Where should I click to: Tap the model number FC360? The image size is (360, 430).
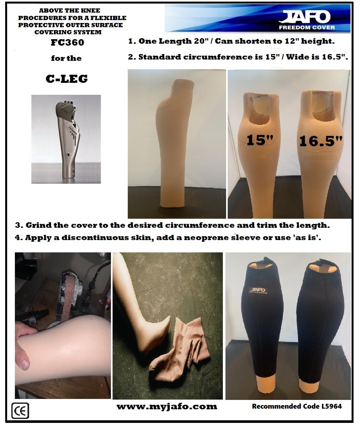pos(67,42)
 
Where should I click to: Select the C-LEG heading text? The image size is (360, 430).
pos(67,78)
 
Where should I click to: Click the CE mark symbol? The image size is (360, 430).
pos(20,411)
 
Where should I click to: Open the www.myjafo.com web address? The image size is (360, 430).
pos(167,407)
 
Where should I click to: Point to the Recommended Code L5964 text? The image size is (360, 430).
pos(297,406)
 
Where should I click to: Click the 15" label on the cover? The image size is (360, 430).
pos(260,140)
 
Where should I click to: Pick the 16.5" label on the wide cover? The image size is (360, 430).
pos(321,141)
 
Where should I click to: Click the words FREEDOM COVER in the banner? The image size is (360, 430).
pos(307,28)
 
